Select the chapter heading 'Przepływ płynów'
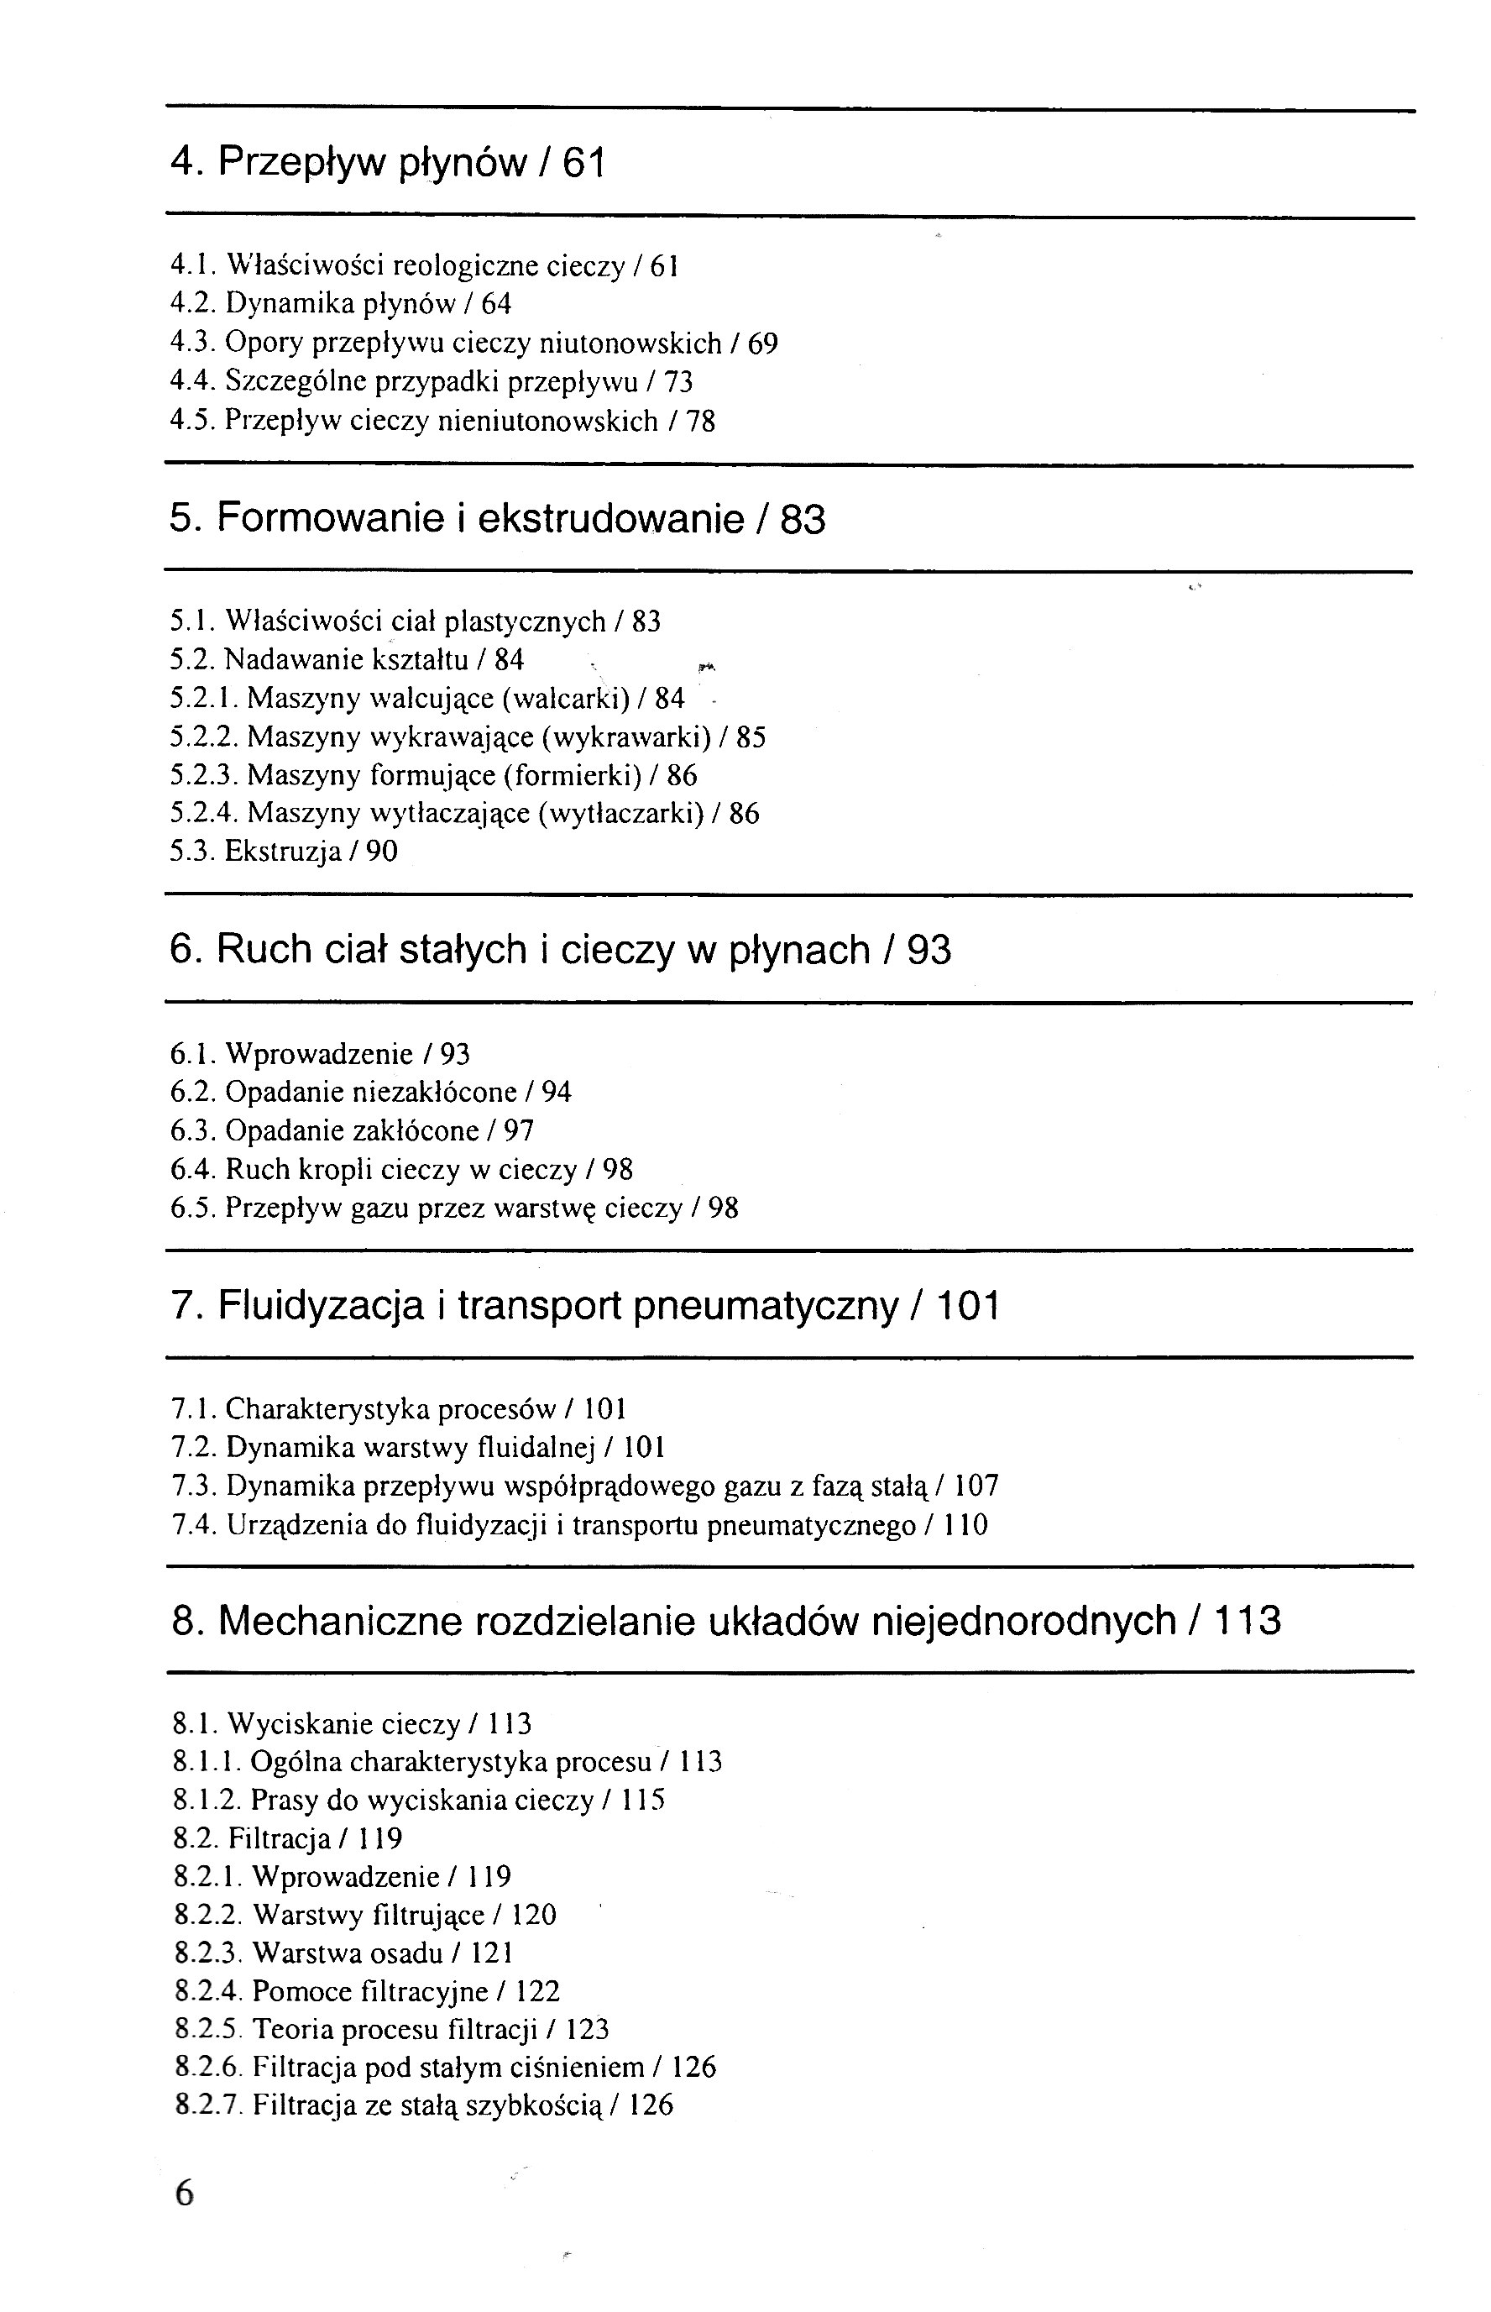pyautogui.click(x=372, y=162)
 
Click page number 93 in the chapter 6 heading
pyautogui.click(x=929, y=950)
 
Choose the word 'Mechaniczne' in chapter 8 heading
pyautogui.click(x=340, y=1621)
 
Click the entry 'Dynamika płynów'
pyautogui.click(x=340, y=304)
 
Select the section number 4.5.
pyautogui.click(x=191, y=421)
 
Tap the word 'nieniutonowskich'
pyautogui.click(x=548, y=421)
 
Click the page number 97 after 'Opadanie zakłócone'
pyautogui.click(x=519, y=1131)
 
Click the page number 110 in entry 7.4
pyautogui.click(x=965, y=1525)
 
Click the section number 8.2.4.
pyautogui.click(x=207, y=1991)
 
